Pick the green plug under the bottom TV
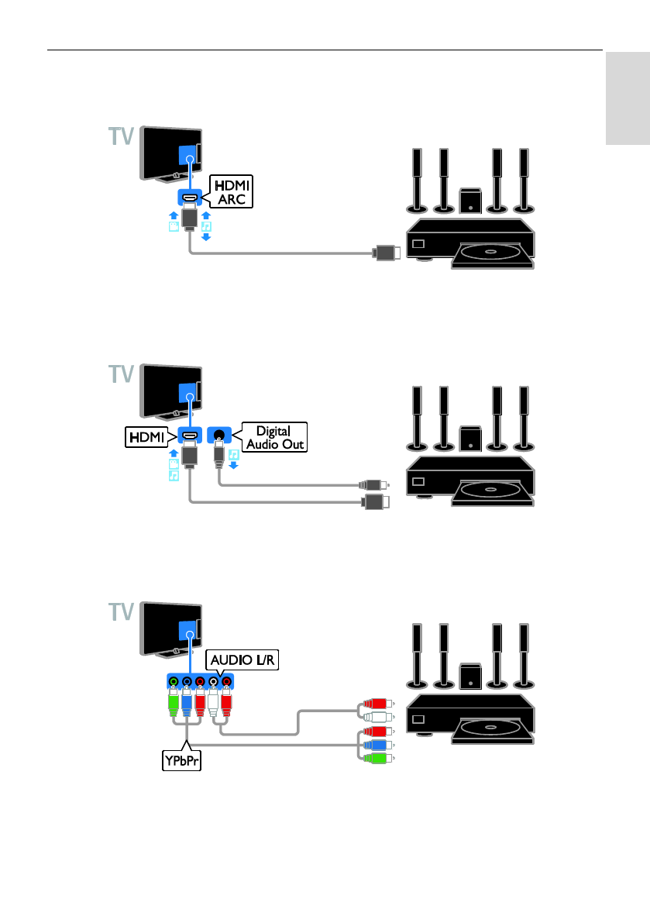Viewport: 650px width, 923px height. pyautogui.click(x=173, y=703)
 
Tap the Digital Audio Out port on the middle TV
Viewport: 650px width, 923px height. pyautogui.click(x=219, y=436)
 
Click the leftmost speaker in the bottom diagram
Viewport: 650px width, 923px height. pyautogui.click(x=417, y=656)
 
